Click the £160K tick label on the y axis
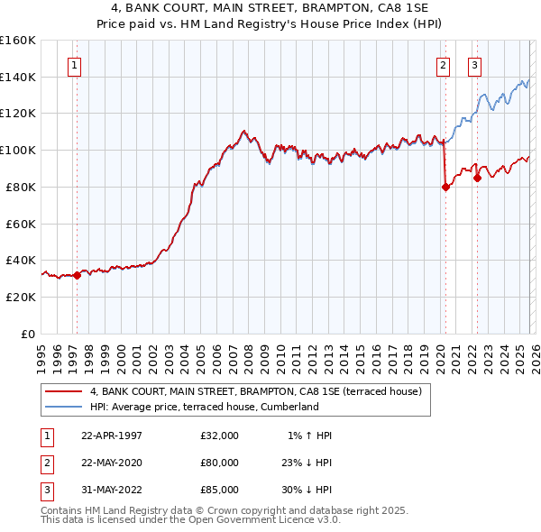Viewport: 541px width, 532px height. (x=18, y=41)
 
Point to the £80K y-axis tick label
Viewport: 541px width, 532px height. (x=21, y=187)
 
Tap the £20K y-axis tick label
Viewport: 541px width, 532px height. (x=21, y=297)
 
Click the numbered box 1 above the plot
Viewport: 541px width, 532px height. (x=73, y=65)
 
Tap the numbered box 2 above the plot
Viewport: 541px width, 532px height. (x=444, y=65)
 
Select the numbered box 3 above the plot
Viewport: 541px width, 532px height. (x=474, y=65)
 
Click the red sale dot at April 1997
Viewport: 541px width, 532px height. (x=78, y=275)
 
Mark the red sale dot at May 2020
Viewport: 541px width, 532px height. (x=445, y=188)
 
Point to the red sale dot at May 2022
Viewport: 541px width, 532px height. (x=477, y=178)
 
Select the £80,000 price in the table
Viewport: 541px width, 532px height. (x=220, y=463)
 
